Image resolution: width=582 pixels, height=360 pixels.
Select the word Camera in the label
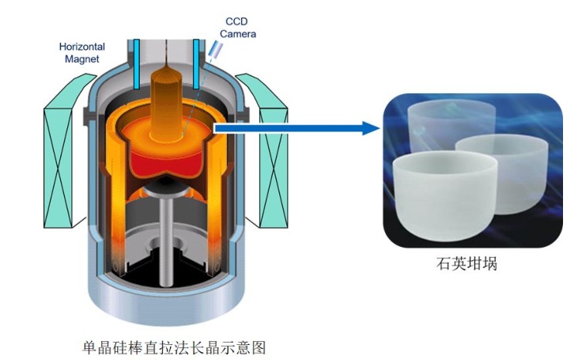[x=238, y=34]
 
